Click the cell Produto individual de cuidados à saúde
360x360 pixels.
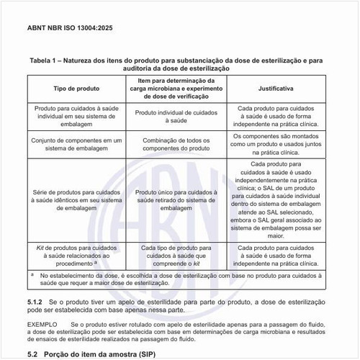[176, 118]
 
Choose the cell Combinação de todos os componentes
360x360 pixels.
[176, 143]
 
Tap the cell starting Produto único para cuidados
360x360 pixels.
[176, 199]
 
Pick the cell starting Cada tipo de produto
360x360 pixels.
[176, 255]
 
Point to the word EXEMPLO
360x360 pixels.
[42, 324]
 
